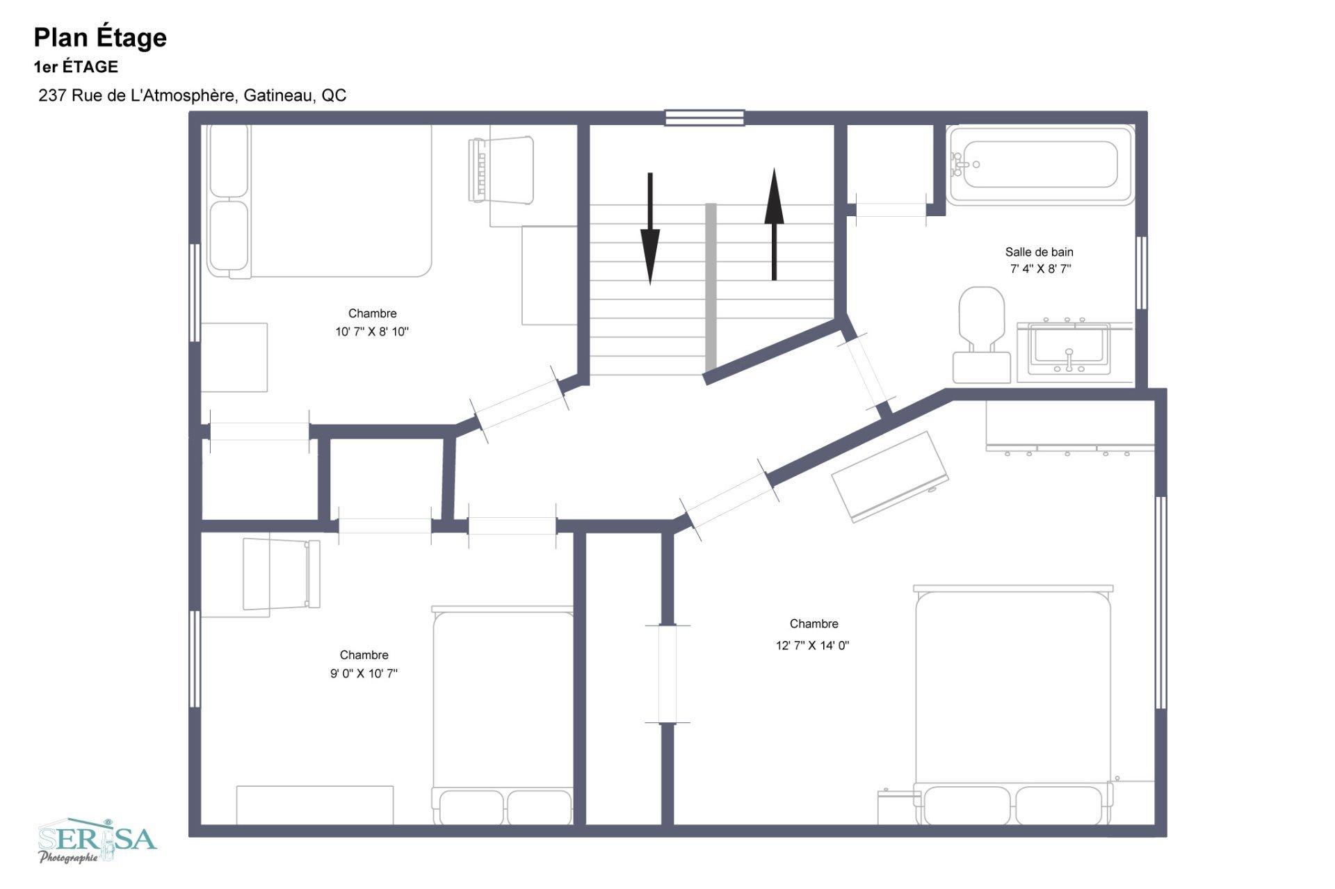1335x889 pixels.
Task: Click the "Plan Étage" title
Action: point(100,38)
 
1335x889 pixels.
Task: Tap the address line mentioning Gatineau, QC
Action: point(193,95)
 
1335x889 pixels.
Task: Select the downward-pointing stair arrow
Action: point(650,229)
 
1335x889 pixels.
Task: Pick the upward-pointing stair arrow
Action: point(774,224)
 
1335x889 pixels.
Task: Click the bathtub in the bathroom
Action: point(1040,165)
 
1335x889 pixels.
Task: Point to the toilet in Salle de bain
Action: point(981,334)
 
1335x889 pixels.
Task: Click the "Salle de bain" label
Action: point(1039,252)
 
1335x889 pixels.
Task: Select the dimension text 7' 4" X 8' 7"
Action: point(1040,269)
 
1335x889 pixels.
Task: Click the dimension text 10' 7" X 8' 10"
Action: point(372,332)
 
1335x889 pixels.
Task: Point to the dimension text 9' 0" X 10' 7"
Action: point(364,673)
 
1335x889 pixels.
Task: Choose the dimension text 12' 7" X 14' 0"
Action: point(813,645)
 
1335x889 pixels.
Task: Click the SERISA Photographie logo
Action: point(97,840)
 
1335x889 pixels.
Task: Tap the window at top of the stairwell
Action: point(704,117)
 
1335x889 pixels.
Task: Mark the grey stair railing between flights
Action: point(711,287)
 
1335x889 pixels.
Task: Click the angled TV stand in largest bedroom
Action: point(890,476)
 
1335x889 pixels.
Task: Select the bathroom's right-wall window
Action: point(1141,272)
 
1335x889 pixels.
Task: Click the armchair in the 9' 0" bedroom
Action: point(281,574)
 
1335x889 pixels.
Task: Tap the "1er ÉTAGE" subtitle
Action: point(76,67)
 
